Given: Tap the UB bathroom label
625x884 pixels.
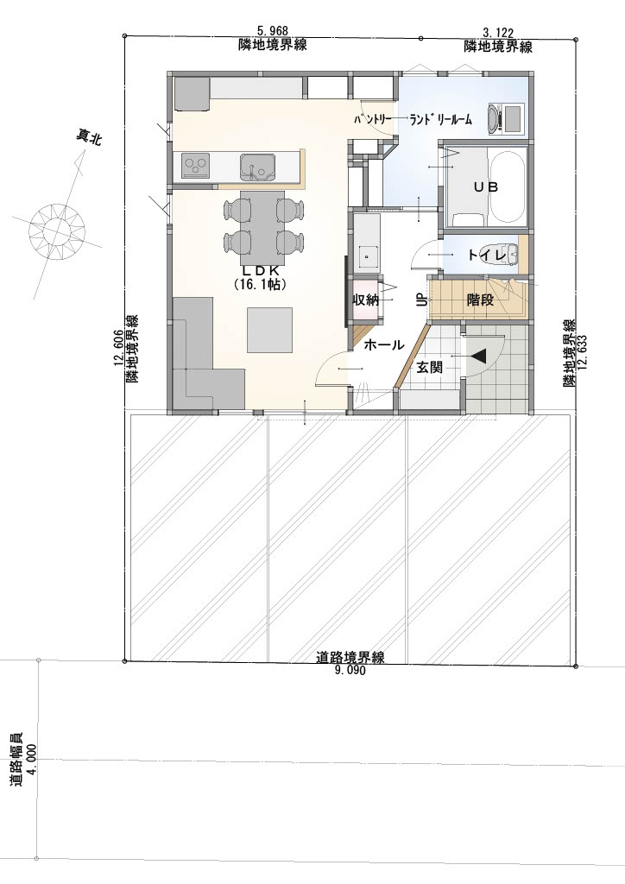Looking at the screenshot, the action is (x=485, y=186).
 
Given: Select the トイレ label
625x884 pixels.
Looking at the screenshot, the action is (x=487, y=256).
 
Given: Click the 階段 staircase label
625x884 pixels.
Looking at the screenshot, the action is (x=480, y=300).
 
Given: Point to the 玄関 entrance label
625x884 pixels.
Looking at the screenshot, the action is (x=429, y=368).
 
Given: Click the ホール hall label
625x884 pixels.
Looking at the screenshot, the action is (x=384, y=344).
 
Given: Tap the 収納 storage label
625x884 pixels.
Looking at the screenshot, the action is (x=365, y=300).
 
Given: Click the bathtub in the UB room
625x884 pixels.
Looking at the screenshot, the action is (x=508, y=186).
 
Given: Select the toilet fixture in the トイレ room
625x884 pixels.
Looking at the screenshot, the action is (x=508, y=255).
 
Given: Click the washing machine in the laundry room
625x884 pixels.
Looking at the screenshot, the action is (x=507, y=118).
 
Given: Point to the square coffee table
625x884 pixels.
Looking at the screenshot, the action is (x=270, y=330).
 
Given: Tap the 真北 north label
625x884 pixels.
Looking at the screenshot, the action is (x=90, y=137).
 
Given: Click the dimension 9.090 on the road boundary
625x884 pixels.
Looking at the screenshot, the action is (x=350, y=670).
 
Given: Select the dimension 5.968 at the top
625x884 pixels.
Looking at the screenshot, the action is (x=273, y=32).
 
